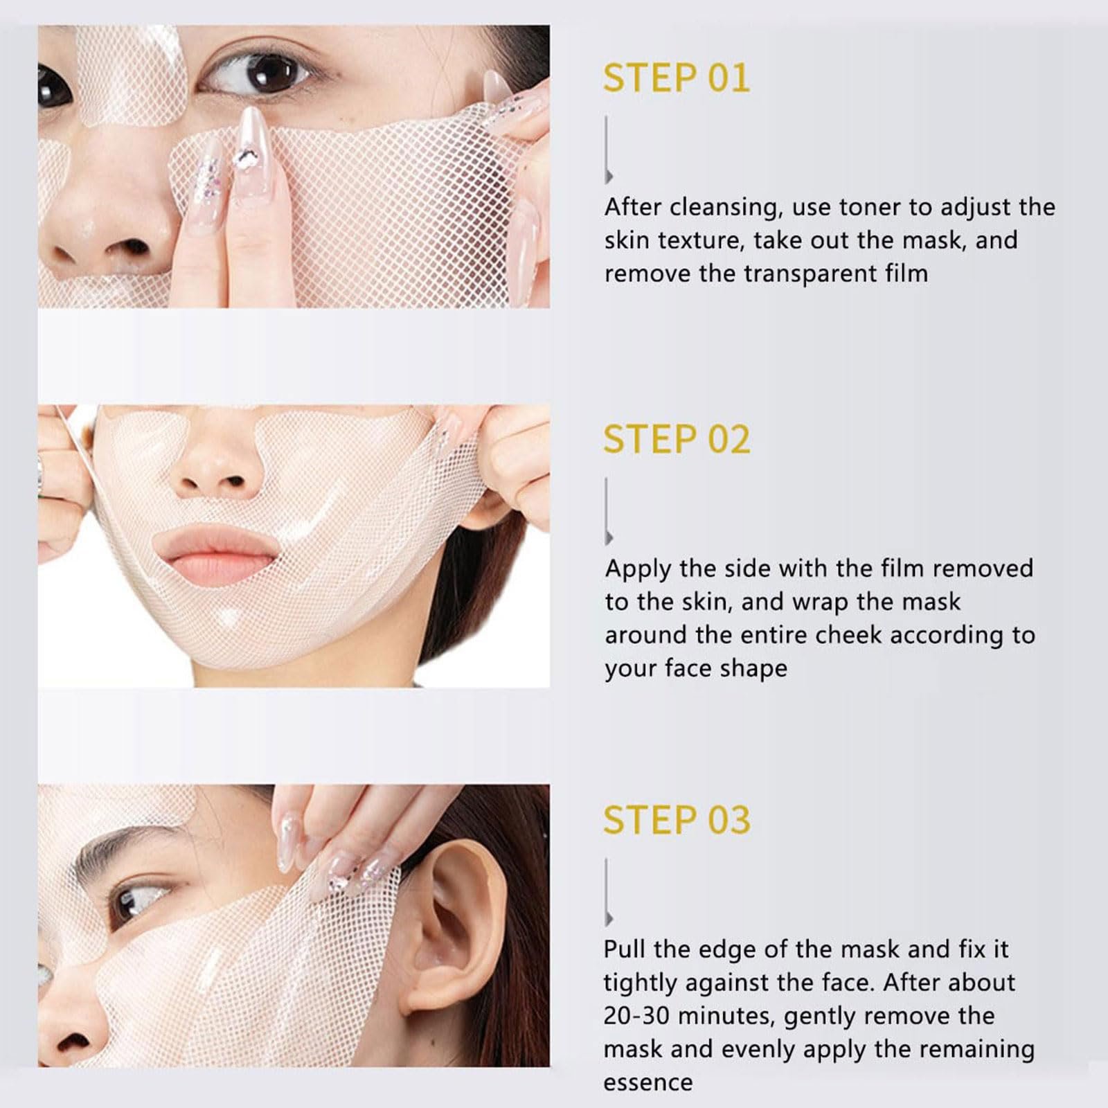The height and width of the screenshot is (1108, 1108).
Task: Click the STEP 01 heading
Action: pyautogui.click(x=677, y=78)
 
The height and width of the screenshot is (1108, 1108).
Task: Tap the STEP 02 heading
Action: pyautogui.click(x=677, y=439)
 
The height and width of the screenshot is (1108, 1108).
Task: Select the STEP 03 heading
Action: pyautogui.click(x=677, y=820)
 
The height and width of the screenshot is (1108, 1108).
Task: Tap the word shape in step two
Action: pyautogui.click(x=753, y=669)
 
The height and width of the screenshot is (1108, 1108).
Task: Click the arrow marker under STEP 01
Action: pyautogui.click(x=608, y=150)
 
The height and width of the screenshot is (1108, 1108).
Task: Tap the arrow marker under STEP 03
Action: pyautogui.click(x=608, y=893)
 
